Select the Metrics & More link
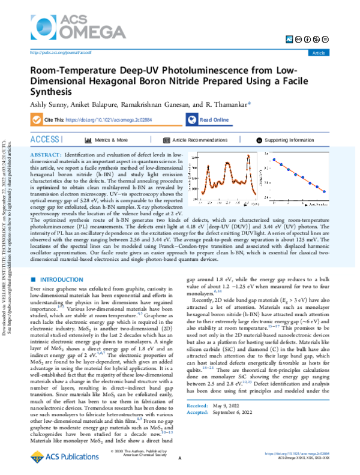110,140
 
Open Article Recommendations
199,140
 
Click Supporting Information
289,140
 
